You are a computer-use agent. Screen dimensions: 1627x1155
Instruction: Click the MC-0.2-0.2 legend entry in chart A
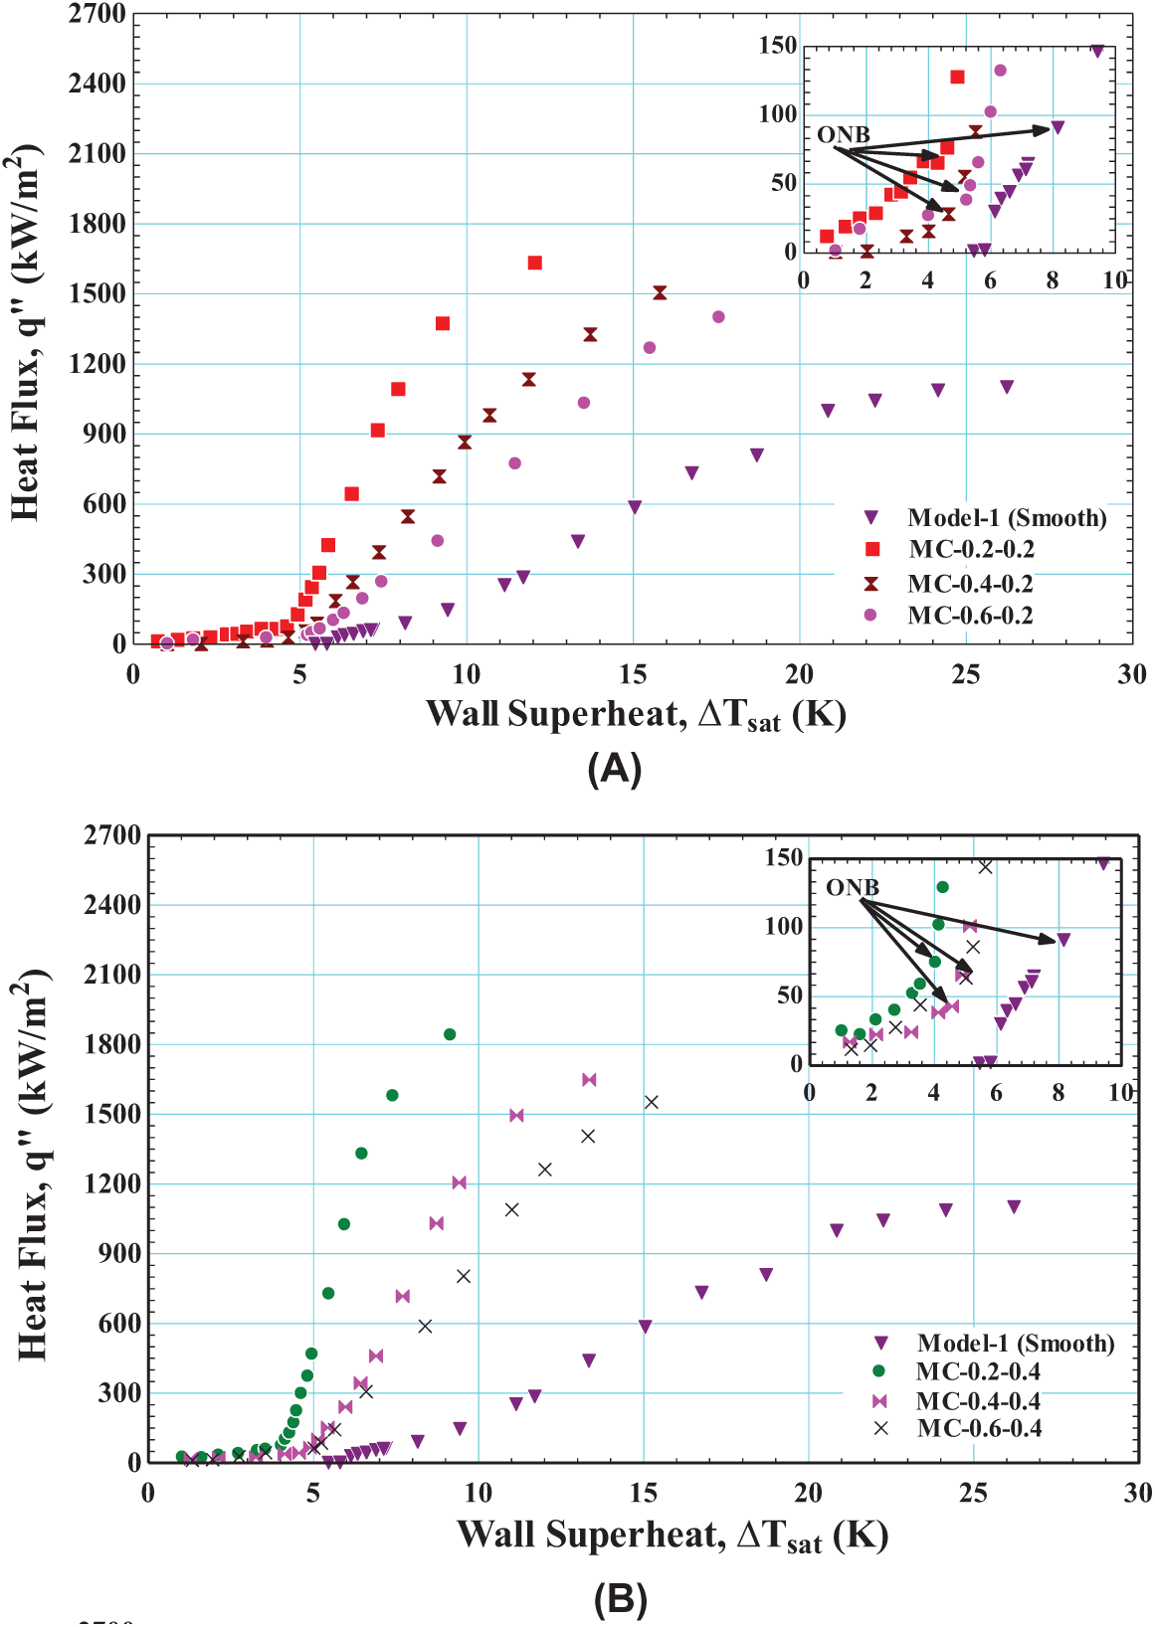pyautogui.click(x=971, y=550)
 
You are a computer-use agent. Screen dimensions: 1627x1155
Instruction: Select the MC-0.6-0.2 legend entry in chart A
pyautogui.click(x=970, y=616)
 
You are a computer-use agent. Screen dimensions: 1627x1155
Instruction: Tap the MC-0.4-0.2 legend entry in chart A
pyautogui.click(x=970, y=584)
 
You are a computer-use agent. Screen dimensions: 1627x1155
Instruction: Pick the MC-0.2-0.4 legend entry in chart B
pyautogui.click(x=978, y=1371)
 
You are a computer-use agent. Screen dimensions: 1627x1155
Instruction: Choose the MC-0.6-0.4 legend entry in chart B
pyautogui.click(x=979, y=1429)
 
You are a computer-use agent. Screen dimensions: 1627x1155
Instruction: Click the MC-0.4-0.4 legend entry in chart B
pyautogui.click(x=978, y=1401)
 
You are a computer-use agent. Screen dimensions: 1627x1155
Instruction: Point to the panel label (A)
pyautogui.click(x=614, y=769)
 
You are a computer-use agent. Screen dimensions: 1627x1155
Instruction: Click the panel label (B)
pyautogui.click(x=620, y=1599)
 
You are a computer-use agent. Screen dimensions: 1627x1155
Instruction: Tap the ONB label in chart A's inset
pyautogui.click(x=843, y=134)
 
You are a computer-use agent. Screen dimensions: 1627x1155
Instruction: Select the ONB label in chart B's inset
pyautogui.click(x=853, y=887)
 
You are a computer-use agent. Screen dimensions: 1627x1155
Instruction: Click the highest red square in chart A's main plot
pyautogui.click(x=534, y=263)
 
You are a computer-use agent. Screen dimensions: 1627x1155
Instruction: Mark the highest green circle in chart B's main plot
pyautogui.click(x=450, y=1034)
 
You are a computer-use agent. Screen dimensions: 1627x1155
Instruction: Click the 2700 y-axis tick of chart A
pyautogui.click(x=96, y=14)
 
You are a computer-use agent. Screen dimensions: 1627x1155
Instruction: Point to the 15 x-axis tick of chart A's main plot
pyautogui.click(x=633, y=674)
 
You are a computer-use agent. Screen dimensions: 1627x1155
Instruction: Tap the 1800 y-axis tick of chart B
pyautogui.click(x=112, y=1044)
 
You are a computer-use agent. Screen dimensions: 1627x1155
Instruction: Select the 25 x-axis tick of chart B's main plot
pyautogui.click(x=973, y=1493)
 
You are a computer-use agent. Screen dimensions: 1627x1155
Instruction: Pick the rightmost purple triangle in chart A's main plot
pyautogui.click(x=1007, y=387)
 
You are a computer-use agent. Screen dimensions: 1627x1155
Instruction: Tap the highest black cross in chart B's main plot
pyautogui.click(x=652, y=1102)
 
